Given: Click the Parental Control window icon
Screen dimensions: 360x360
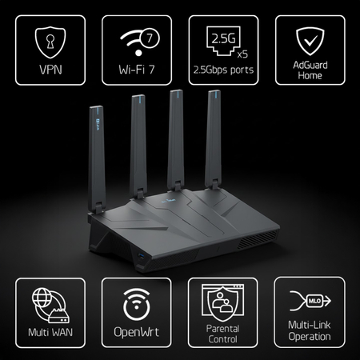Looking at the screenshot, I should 222,302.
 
